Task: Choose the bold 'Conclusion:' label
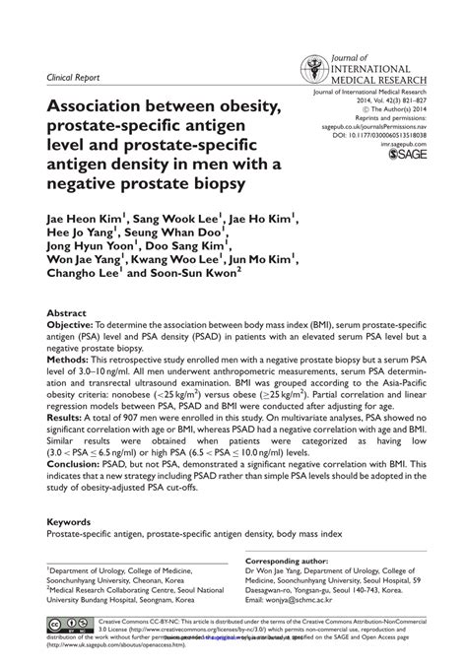click(75, 465)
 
